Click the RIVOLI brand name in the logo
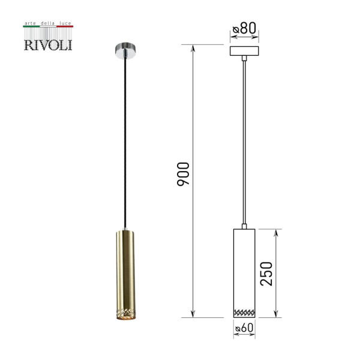coord(47,45)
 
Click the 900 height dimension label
coord(184,174)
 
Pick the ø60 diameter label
coord(244,328)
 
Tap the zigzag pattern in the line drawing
coord(244,312)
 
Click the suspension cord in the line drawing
coord(244,144)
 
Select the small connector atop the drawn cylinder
coord(244,226)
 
